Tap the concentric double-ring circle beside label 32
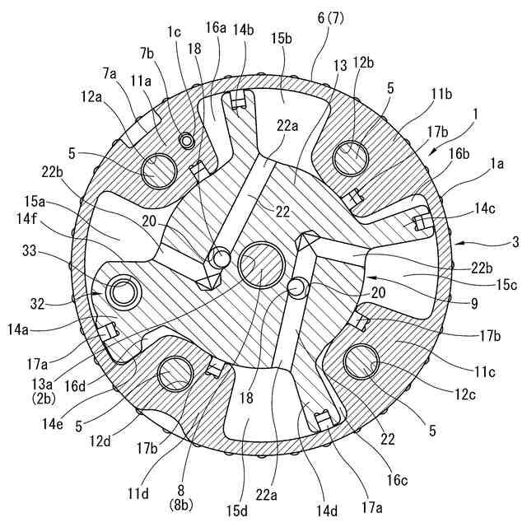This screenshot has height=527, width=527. pyautogui.click(x=126, y=291)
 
